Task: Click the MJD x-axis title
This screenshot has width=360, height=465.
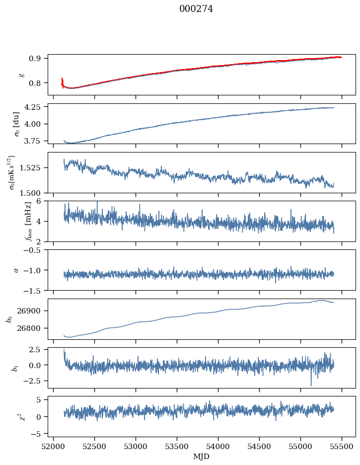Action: pos(201,456)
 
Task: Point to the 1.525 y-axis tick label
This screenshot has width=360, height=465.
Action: pos(33,167)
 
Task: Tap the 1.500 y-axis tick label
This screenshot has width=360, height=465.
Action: pos(33,192)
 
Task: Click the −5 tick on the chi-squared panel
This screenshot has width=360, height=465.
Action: pos(39,434)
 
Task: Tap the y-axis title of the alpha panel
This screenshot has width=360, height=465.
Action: pos(16,270)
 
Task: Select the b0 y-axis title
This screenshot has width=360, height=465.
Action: pos(9,318)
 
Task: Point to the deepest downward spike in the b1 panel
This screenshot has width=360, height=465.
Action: pos(311,386)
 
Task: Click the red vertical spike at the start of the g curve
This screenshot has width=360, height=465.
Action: pos(62,81)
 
